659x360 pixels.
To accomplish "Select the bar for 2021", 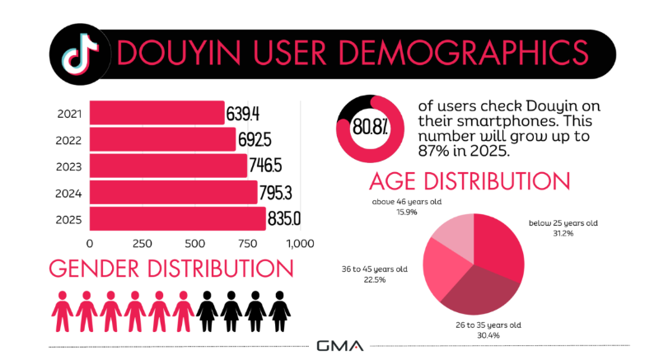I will click(157, 113).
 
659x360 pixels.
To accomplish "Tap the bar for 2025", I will click(177, 218).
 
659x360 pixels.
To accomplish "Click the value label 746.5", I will click(269, 166).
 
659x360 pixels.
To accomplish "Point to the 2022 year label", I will click(67, 140).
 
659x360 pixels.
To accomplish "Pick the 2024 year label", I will click(67, 193).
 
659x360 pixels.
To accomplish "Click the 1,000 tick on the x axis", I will click(299, 244).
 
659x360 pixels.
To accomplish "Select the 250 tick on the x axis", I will click(142, 244).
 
